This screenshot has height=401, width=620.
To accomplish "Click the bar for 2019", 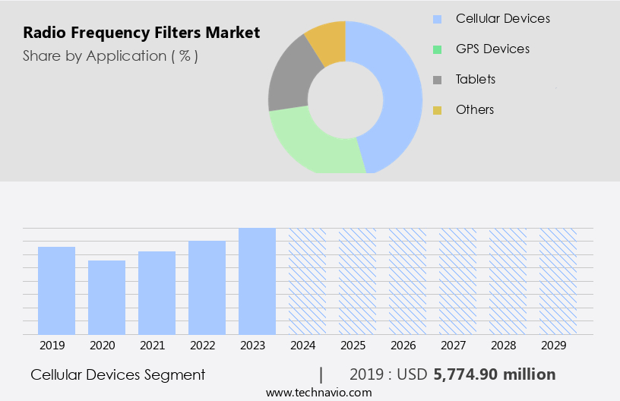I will pyautogui.click(x=56, y=290).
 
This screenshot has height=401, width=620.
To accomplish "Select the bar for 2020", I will pyautogui.click(x=106, y=297).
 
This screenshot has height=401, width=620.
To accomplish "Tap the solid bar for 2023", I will pyautogui.click(x=257, y=281).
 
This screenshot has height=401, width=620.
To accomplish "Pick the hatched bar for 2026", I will pyautogui.click(x=407, y=281).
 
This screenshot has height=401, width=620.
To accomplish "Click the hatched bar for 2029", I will pyautogui.click(x=558, y=281).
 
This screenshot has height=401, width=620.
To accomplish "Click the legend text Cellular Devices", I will pyautogui.click(x=502, y=18).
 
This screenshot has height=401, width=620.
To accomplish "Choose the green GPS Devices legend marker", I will pyautogui.click(x=437, y=49).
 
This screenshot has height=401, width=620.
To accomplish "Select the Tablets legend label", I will pyautogui.click(x=475, y=79).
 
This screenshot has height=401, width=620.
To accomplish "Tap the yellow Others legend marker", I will pyautogui.click(x=437, y=110).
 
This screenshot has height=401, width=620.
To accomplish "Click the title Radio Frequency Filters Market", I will pyautogui.click(x=141, y=33).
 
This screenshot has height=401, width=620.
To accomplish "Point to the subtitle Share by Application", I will pyautogui.click(x=110, y=55).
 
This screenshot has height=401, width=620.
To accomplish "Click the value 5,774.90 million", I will pyautogui.click(x=494, y=374).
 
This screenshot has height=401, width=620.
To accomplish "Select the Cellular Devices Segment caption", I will pyautogui.click(x=118, y=374).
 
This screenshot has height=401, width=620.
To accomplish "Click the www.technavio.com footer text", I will pyautogui.click(x=318, y=393).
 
